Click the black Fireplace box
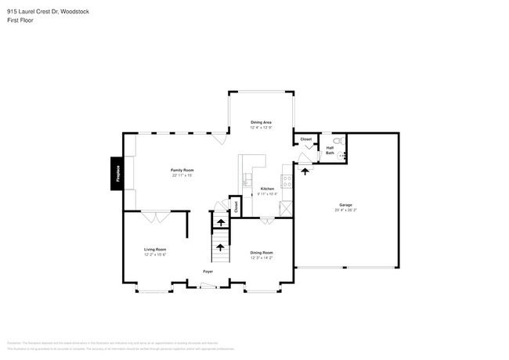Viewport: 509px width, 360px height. coord(116,173)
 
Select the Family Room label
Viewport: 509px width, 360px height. coord(182,170)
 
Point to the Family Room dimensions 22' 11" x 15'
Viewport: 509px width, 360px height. coord(182,175)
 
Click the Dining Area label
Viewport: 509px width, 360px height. coord(261,122)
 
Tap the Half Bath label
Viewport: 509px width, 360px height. coord(330,150)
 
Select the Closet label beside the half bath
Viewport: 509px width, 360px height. coord(306,139)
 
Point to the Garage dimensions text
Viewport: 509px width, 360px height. coord(345,210)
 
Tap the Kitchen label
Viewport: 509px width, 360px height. coord(267,189)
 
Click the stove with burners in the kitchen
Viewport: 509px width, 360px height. coord(287,181)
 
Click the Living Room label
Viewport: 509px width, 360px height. coord(155,250)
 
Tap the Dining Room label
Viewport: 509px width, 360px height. coord(262,252)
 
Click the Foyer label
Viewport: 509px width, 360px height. coord(208,272)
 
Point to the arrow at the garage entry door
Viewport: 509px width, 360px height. coord(305,169)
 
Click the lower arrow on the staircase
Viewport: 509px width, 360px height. coord(220,247)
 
